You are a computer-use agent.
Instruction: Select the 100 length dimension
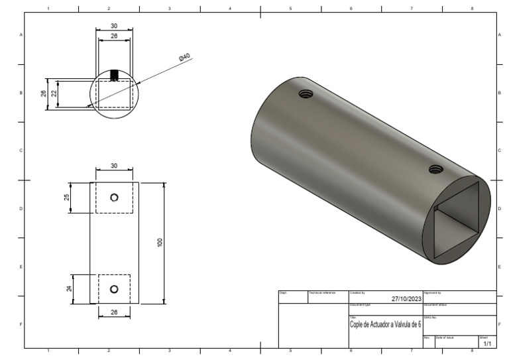click(x=159, y=243)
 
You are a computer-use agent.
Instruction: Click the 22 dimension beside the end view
click(x=54, y=93)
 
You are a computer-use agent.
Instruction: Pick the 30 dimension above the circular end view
click(x=115, y=26)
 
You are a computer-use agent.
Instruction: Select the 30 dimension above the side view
click(x=114, y=166)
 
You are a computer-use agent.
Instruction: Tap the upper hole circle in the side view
click(x=115, y=198)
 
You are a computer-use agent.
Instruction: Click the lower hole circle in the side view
click(x=114, y=288)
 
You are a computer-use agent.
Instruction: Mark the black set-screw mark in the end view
click(x=115, y=76)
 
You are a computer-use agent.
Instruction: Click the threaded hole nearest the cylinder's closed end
click(x=306, y=94)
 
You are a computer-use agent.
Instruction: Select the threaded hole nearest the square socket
click(x=435, y=169)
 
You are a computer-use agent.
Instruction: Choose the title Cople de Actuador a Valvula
click(x=385, y=324)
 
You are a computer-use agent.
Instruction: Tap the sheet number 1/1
click(x=487, y=343)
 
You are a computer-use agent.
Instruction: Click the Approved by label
click(x=432, y=292)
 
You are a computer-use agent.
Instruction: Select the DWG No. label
click(x=431, y=318)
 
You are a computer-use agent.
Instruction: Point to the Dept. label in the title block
click(x=283, y=292)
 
